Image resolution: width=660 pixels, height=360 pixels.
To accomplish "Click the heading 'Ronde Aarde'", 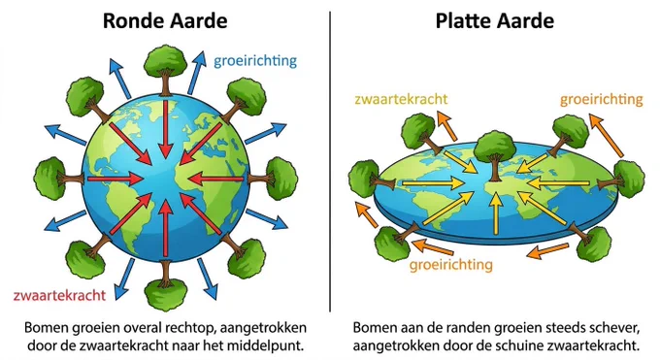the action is point(165,21).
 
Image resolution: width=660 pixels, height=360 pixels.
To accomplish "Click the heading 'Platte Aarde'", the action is point(495,21).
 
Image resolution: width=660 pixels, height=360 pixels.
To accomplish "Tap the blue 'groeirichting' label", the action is point(255,61).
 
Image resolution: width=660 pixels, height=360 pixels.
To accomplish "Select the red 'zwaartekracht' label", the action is point(59,295).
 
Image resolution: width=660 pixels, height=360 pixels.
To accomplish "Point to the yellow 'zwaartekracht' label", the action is point(401,99).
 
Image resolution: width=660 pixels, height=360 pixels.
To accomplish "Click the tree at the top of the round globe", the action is point(165,70).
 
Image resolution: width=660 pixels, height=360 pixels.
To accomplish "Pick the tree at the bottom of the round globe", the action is point(165,285).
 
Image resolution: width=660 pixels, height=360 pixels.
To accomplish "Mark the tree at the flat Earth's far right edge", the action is point(622,179).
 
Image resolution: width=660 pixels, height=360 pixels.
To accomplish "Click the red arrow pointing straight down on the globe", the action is point(166,128).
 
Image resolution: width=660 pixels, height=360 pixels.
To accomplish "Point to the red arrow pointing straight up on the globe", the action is point(166,227).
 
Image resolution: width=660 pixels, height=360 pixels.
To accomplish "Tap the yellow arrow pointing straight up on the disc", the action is point(497,213).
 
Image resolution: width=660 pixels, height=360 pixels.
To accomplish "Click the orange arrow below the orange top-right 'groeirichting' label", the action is point(606,135).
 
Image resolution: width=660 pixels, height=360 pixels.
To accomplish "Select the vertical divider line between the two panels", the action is point(330,161).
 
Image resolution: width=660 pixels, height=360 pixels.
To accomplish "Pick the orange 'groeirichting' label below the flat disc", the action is point(450,265).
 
